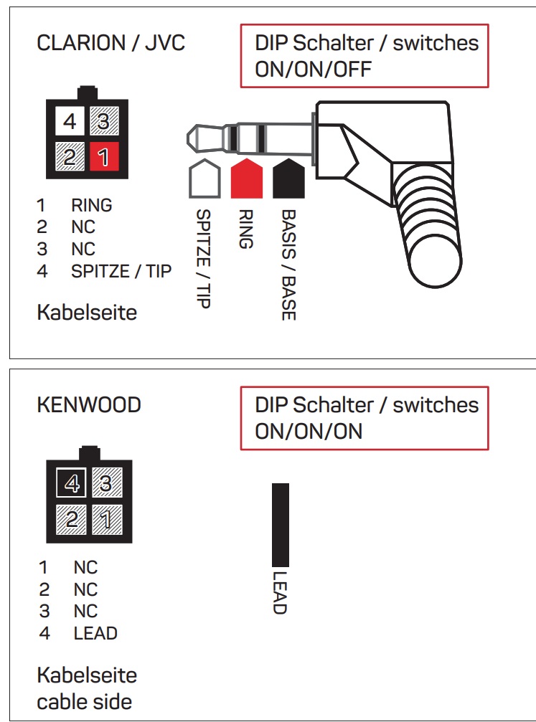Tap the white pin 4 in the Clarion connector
click(70, 122)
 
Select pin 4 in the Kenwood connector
click(72, 485)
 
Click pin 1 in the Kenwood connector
click(105, 518)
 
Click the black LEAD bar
click(280, 525)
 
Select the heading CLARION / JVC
click(111, 43)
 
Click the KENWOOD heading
click(89, 405)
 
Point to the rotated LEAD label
click(280, 592)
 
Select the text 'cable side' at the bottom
click(85, 700)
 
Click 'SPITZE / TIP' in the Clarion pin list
click(121, 272)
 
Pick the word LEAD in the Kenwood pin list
click(95, 634)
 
